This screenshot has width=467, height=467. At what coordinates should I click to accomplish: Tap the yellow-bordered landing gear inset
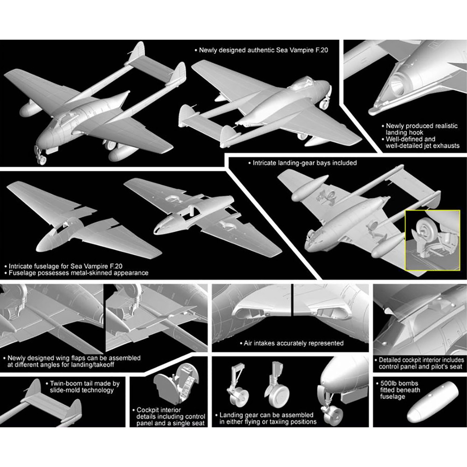[x=432, y=241]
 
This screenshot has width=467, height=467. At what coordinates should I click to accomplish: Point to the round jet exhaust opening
[x=396, y=84]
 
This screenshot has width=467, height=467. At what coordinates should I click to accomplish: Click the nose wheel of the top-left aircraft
[x=42, y=159]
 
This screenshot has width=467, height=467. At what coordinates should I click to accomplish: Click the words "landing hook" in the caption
[x=404, y=133]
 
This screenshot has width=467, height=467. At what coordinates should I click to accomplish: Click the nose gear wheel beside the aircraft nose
[x=333, y=415]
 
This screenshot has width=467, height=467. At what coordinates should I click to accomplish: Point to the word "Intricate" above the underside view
[x=264, y=163]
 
